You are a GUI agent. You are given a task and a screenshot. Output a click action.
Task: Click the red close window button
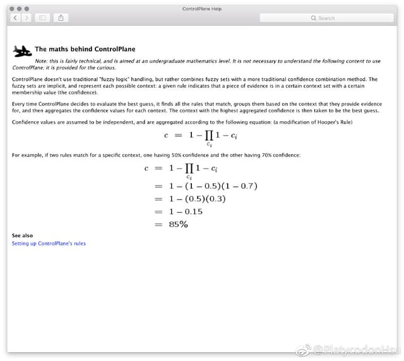(x=12, y=8)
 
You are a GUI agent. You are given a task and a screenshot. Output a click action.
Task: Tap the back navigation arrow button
(x=16, y=18)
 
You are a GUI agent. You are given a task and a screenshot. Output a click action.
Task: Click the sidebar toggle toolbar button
(x=43, y=18)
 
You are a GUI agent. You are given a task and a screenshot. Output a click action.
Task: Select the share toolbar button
(x=61, y=18)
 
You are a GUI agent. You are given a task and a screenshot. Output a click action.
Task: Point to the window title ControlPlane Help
(x=201, y=9)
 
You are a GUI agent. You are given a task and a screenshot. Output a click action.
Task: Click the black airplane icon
(x=22, y=50)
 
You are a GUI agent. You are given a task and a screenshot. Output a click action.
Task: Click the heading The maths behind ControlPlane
(x=85, y=49)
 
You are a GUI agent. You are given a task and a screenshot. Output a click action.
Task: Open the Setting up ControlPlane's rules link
(x=49, y=243)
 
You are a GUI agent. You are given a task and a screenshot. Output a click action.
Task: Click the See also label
(x=22, y=235)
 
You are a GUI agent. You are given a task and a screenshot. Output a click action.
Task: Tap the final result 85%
(x=178, y=224)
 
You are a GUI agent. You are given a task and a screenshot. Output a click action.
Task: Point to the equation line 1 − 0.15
(x=186, y=211)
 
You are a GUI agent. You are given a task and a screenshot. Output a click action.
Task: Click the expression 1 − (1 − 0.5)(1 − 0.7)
(x=213, y=186)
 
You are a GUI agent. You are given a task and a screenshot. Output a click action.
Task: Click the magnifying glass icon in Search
(x=314, y=18)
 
